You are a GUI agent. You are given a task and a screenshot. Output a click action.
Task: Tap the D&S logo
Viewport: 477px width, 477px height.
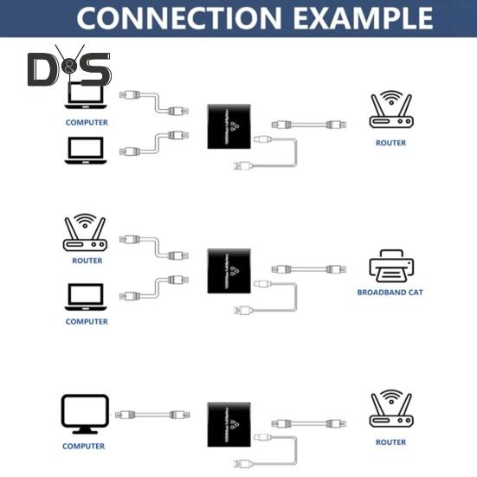[x=69, y=69]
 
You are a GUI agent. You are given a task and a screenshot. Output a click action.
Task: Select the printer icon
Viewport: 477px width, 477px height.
[x=390, y=265]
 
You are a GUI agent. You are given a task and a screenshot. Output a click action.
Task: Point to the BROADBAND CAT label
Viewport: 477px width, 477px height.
[x=390, y=293]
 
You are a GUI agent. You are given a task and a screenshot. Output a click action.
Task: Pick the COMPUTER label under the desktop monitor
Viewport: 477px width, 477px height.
[x=83, y=446]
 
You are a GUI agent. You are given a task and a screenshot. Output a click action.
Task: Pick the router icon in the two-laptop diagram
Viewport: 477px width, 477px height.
[x=390, y=113]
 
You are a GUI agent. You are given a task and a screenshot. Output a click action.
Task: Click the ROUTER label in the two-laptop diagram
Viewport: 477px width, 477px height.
[x=390, y=143]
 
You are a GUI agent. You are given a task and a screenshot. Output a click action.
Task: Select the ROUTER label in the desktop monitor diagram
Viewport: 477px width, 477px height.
[x=390, y=442]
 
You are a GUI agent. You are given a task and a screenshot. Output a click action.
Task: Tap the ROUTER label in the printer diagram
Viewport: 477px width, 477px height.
[x=87, y=261]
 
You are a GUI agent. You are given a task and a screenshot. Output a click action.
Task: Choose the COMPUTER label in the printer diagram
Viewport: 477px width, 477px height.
[x=87, y=321]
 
